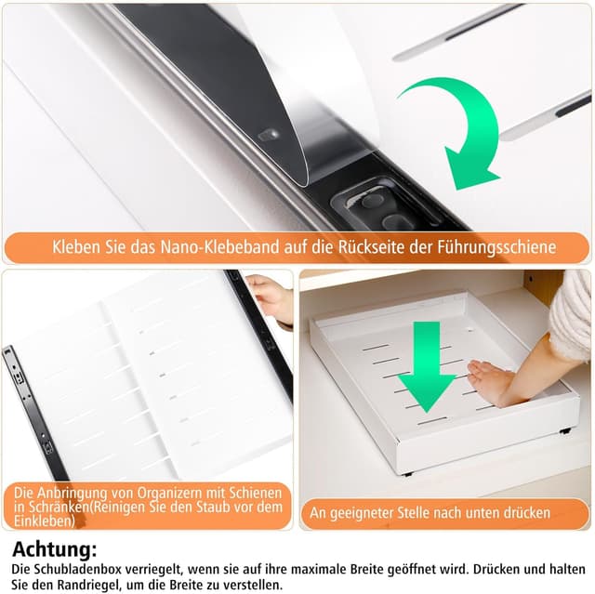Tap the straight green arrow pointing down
click(x=427, y=366)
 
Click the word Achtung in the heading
click(x=53, y=549)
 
